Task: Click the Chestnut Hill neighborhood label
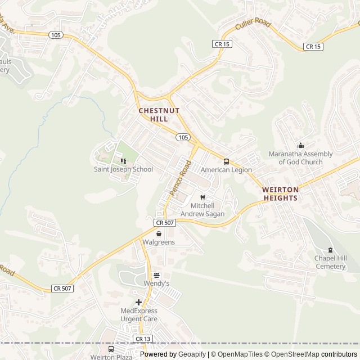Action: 159,115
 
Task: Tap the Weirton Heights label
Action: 280,194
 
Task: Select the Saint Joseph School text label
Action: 123,169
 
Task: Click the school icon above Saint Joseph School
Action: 123,161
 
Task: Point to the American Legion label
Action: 226,170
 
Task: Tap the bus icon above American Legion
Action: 226,161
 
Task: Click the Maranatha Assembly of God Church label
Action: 300,158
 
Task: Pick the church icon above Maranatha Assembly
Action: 300,146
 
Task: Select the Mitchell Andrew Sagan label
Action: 202,210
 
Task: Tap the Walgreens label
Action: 159,242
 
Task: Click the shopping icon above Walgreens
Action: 159,234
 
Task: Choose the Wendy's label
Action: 156,284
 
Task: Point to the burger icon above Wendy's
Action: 156,276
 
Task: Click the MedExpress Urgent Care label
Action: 139,314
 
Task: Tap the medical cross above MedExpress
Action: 139,302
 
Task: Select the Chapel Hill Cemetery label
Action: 330,262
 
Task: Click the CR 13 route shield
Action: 142,339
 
